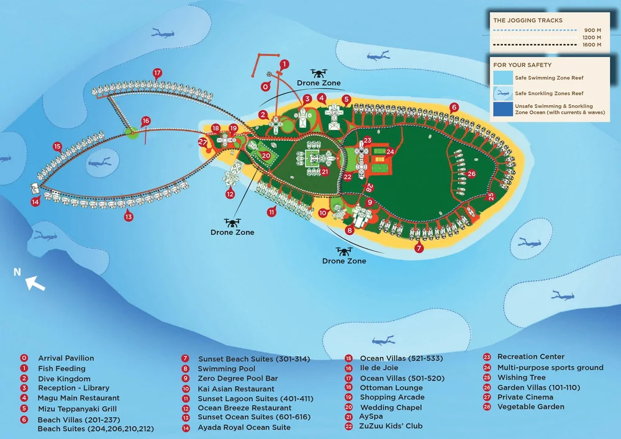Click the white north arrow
click(35, 284)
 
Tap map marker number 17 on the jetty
click(158, 73)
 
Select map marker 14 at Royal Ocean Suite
click(36, 201)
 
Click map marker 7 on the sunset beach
click(419, 248)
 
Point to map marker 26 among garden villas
click(471, 174)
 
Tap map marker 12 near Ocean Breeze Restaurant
click(230, 194)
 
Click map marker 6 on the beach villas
click(454, 107)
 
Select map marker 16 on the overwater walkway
click(146, 121)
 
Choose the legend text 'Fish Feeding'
click(61, 368)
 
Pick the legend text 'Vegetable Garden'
click(531, 407)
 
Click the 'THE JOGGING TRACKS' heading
click(527, 20)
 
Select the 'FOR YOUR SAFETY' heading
click(522, 65)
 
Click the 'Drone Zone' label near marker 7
click(344, 261)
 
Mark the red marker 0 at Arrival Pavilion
click(266, 86)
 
